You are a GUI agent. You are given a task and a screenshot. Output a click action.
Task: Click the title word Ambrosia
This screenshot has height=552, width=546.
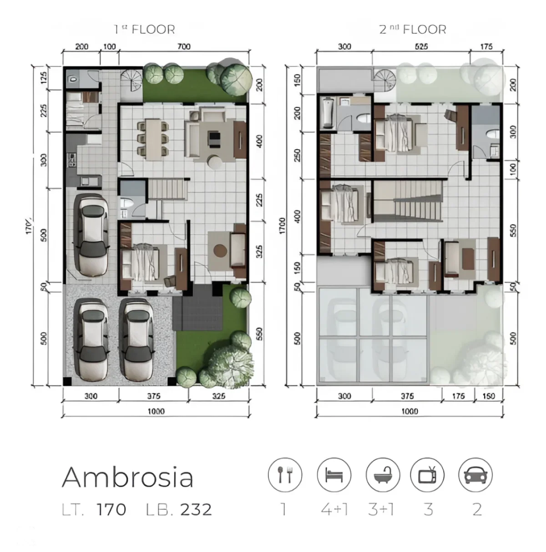(128, 477)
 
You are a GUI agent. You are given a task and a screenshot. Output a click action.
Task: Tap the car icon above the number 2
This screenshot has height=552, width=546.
(475, 475)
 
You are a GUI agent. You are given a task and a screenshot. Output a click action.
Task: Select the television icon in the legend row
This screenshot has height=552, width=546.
(427, 475)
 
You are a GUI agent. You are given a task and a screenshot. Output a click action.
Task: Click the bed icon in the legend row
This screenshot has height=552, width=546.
(334, 475)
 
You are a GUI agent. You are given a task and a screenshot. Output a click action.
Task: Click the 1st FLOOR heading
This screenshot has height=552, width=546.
(144, 30)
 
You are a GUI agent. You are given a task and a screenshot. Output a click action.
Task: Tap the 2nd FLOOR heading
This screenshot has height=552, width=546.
(413, 30)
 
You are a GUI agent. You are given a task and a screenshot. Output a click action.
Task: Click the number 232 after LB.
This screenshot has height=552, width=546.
(196, 509)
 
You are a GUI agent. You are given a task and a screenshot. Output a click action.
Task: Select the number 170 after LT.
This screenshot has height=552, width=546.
(111, 509)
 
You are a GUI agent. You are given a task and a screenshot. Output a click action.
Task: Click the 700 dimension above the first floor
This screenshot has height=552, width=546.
(183, 46)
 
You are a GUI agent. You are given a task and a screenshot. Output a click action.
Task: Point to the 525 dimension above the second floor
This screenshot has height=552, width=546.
(421, 46)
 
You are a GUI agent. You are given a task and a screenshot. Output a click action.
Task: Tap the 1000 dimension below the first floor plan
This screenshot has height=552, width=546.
(156, 411)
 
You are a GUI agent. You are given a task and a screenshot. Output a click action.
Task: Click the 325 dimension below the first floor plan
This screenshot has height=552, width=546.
(219, 396)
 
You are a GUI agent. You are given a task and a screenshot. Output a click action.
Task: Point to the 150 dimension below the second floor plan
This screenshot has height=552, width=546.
(488, 396)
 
